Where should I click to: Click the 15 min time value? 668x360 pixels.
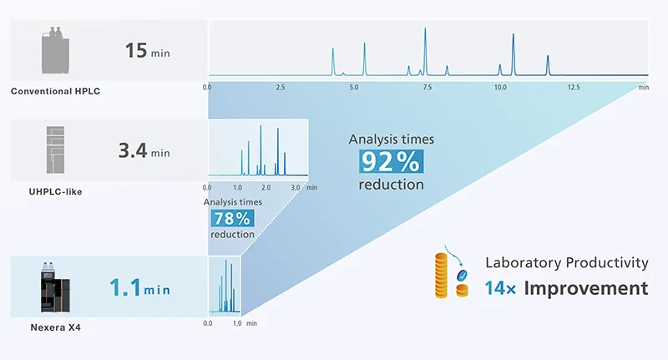tap(147, 51)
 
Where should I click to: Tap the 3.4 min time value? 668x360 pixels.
tap(144, 152)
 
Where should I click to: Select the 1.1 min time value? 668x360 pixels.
tap(139, 290)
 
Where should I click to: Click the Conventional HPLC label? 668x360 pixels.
tap(55, 90)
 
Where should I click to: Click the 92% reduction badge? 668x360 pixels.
tap(392, 160)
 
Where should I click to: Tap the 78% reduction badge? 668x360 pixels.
tap(233, 219)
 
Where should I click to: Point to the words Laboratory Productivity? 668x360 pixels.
tap(567, 262)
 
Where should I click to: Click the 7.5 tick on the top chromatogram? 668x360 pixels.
tap(427, 87)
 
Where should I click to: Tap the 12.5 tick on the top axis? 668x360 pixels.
tap(574, 87)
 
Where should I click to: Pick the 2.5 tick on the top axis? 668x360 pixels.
tap(281, 87)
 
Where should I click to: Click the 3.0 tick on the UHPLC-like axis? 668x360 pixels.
tap(295, 189)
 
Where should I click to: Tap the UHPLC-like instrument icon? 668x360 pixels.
tap(55, 153)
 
